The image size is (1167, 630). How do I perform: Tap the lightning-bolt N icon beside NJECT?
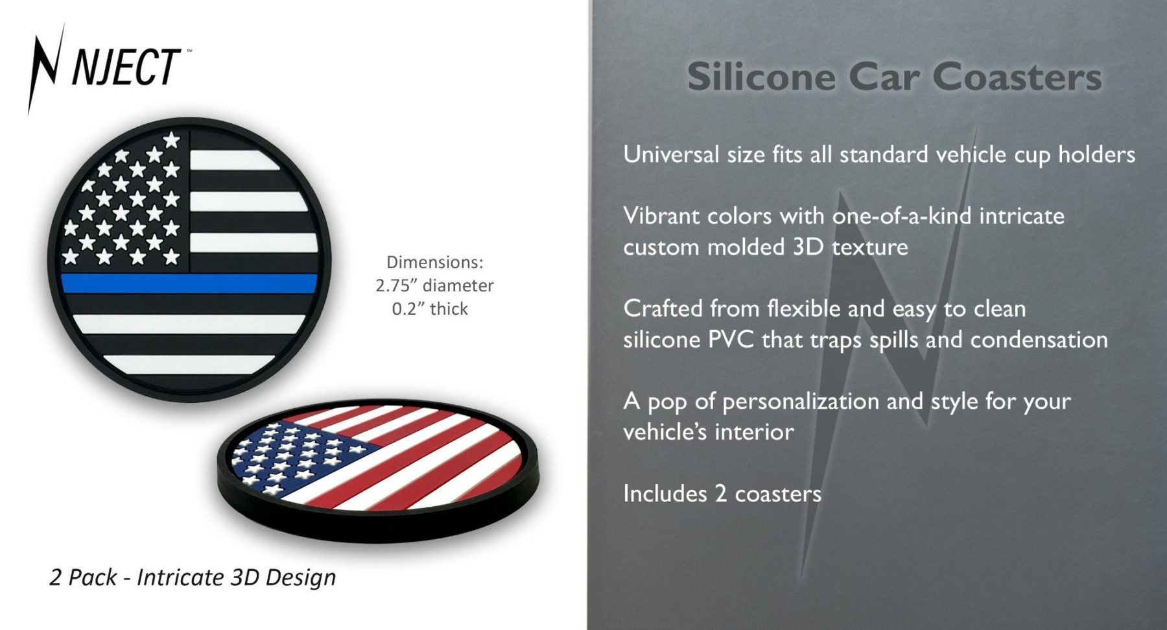click(46, 68)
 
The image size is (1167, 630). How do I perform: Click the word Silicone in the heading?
click(761, 77)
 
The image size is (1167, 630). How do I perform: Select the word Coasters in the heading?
click(1017, 77)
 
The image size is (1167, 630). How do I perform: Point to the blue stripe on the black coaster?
click(189, 284)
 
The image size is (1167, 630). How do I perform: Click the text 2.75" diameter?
click(434, 285)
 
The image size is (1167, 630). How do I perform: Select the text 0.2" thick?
click(430, 309)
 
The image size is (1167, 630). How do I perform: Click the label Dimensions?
click(435, 262)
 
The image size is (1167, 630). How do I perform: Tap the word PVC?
click(731, 339)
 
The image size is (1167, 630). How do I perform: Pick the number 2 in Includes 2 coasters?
click(720, 494)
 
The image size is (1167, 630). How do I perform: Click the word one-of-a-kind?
click(902, 215)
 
